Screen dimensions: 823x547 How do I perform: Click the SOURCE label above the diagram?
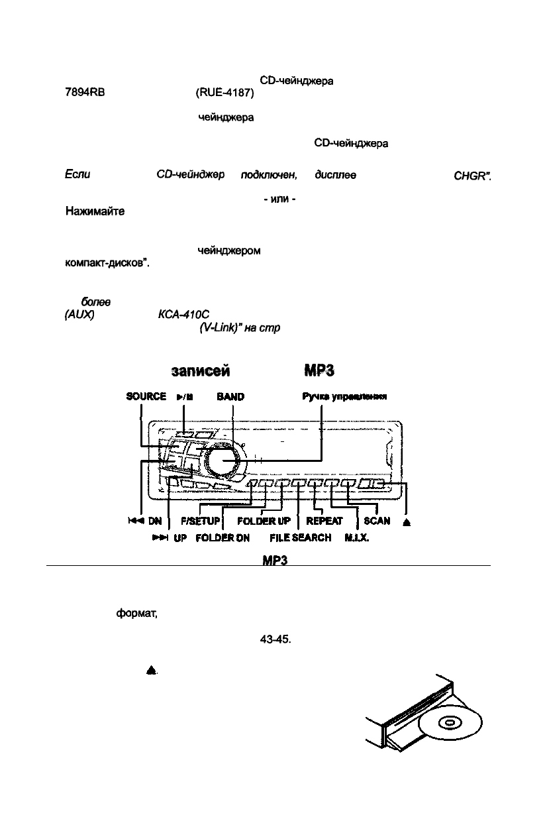point(145,396)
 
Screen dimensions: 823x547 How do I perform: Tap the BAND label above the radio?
point(230,396)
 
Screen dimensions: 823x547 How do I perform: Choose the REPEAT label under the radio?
point(324,521)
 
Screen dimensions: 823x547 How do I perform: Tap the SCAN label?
point(377,521)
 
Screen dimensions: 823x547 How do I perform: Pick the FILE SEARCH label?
point(300,538)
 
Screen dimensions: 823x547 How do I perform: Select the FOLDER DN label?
point(222,538)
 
